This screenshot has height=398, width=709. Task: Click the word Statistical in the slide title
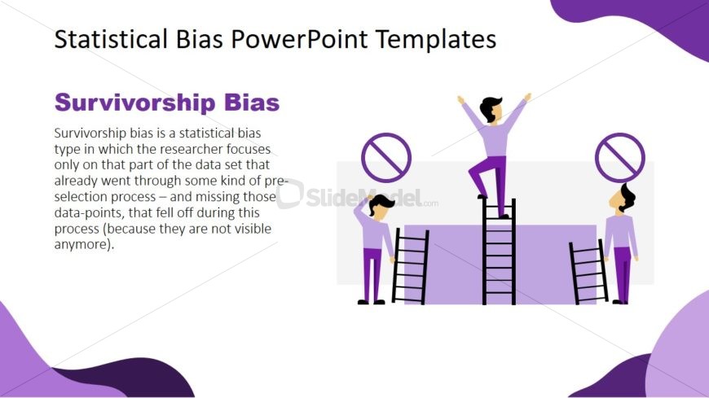point(111,39)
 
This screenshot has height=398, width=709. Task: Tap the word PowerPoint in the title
point(299,39)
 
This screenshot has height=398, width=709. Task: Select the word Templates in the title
point(436,40)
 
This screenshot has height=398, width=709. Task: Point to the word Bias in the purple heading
point(252,102)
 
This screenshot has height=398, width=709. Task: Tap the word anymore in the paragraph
point(81,245)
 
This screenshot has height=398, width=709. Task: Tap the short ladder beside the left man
point(410,266)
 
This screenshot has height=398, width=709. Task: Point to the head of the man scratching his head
point(381,206)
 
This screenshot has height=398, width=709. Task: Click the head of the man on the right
point(623,199)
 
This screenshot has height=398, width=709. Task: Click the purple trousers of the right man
point(623,273)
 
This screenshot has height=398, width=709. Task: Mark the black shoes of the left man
point(372,302)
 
